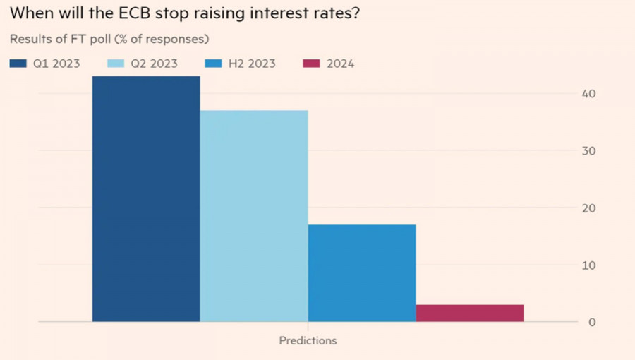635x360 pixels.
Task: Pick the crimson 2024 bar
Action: [x=470, y=313]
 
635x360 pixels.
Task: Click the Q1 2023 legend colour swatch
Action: [x=18, y=64]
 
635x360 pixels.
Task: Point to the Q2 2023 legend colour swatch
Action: [x=116, y=64]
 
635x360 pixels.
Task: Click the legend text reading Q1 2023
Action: [x=56, y=64]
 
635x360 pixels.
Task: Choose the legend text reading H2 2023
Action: [x=252, y=64]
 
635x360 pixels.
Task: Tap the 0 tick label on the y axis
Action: [x=593, y=322]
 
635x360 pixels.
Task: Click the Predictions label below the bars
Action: [x=308, y=340]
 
